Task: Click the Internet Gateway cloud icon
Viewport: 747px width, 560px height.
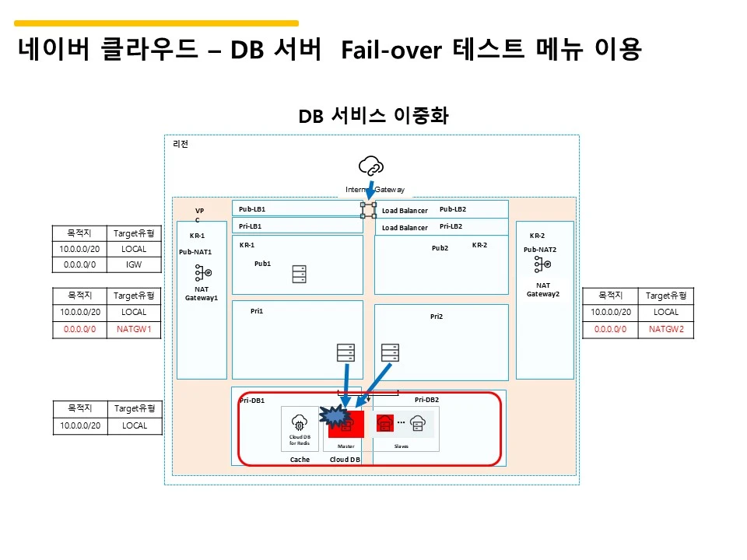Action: tap(371, 166)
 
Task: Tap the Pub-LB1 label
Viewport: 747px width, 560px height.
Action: tap(251, 209)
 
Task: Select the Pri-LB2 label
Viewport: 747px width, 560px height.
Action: tap(451, 226)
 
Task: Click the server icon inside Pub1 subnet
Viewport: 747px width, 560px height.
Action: tap(299, 274)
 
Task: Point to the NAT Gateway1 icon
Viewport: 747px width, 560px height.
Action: tap(203, 273)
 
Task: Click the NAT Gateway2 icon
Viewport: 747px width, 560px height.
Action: tap(542, 265)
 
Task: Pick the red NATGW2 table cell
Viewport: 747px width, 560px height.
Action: tap(665, 329)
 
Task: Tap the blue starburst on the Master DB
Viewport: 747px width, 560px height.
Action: tap(335, 418)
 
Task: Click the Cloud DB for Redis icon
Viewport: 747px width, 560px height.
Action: tap(300, 424)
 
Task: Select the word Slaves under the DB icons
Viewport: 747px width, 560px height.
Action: tap(402, 446)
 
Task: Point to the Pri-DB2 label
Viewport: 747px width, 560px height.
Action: tap(426, 400)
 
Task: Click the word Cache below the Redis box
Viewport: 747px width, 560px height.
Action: tap(300, 460)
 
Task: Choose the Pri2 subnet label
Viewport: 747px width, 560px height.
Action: tap(436, 317)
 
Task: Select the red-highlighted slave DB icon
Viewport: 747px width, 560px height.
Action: tap(385, 423)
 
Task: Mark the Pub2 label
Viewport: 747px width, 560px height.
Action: tap(440, 248)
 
